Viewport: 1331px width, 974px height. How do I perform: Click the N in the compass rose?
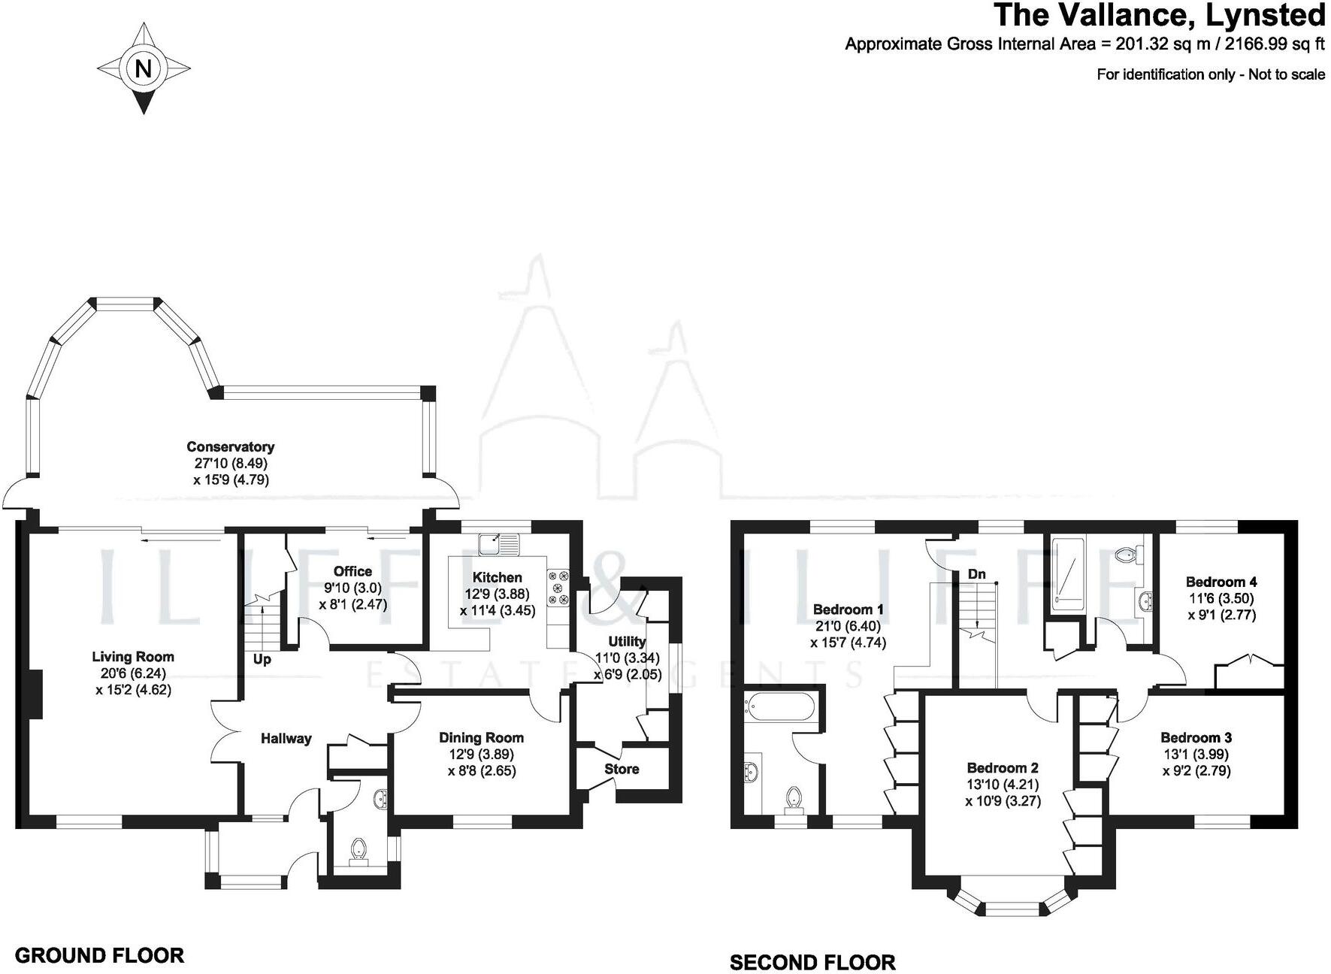(x=143, y=69)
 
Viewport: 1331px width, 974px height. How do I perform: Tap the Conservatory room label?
(x=230, y=446)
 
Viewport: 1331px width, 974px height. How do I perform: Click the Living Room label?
(x=133, y=656)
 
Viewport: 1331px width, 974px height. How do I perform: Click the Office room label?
(x=352, y=571)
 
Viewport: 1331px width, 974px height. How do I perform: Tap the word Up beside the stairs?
(x=262, y=660)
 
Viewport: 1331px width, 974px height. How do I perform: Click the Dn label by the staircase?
(x=976, y=574)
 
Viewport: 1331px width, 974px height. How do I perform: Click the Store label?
(x=622, y=769)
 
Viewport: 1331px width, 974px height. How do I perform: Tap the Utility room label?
(x=627, y=641)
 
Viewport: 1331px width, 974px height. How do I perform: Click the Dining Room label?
(x=481, y=738)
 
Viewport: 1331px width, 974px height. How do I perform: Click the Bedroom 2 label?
(x=1003, y=767)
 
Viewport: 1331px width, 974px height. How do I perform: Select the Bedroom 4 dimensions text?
(x=1221, y=606)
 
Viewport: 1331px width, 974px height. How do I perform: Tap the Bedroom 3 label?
(x=1196, y=737)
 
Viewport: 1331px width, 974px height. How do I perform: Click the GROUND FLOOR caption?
(x=99, y=955)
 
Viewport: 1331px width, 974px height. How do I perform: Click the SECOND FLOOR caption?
(x=812, y=962)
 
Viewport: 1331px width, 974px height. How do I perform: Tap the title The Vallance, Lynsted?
(x=1159, y=16)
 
